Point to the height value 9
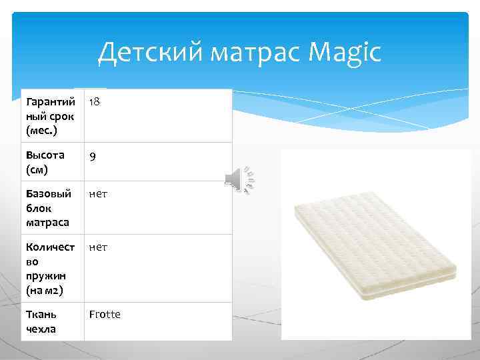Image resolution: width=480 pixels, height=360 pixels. (93, 157)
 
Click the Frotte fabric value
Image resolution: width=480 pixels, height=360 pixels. (105, 314)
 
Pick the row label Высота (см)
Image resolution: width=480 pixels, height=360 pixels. (45, 161)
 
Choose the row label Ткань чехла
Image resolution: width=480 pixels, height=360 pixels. (41, 321)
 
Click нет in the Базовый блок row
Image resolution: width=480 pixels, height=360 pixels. (98, 194)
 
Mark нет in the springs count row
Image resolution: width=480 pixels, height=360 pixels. (98, 247)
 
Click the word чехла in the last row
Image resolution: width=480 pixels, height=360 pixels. (41, 329)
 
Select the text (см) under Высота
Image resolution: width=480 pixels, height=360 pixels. (37, 169)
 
